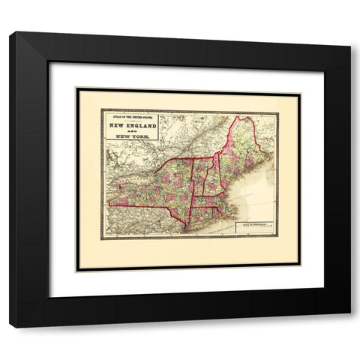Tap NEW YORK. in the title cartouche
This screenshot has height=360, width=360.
[x=130, y=142]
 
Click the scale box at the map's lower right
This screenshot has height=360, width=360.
[x=253, y=226]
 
